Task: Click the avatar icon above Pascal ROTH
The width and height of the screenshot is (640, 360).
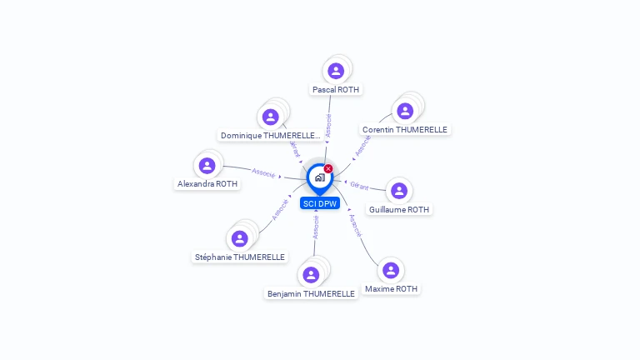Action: pos(336,71)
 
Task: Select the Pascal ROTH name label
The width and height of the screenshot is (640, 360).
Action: pos(337,89)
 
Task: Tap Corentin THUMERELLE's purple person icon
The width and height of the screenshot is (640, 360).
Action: pos(405,111)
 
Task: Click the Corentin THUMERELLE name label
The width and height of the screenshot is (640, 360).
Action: pos(405,130)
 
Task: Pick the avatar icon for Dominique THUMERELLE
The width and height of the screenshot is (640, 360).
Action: pos(270,117)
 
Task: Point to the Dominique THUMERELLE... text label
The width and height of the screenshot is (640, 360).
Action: pos(270,135)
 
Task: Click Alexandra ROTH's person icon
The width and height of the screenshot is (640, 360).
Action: pos(207,165)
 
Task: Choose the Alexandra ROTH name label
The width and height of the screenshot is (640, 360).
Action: pos(207,184)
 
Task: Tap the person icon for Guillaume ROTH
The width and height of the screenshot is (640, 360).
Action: pos(399,191)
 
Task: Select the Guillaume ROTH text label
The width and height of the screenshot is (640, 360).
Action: pos(399,210)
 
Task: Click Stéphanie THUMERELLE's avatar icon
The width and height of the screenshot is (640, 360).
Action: pos(240,238)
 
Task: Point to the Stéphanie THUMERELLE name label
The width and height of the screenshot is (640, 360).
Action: pos(240,257)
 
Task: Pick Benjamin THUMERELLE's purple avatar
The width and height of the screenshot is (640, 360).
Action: pos(311,275)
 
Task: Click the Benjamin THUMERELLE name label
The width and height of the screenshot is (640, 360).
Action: pos(311,294)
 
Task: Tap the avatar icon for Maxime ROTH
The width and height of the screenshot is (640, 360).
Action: pos(391,270)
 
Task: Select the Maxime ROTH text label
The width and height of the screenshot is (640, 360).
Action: pos(391,289)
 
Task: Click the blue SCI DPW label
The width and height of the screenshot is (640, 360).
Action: pos(320,203)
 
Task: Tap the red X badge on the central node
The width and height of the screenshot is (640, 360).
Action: pos(328,169)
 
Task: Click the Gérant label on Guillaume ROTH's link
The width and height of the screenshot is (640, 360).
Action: pos(359,186)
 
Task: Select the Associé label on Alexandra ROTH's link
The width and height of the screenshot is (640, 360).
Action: pos(263,173)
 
